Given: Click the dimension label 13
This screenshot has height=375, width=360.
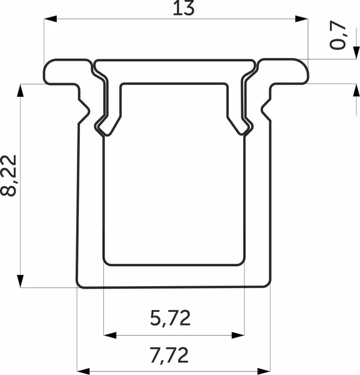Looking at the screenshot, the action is (184, 8).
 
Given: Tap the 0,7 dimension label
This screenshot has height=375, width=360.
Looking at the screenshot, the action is (337, 36).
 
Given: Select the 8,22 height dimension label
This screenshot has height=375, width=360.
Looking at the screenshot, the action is (9, 175).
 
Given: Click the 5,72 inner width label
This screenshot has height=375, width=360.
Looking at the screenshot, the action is (170, 318).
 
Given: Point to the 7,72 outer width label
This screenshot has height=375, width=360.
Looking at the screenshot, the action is (169, 356).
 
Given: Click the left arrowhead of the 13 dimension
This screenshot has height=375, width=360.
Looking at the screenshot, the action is (51, 19).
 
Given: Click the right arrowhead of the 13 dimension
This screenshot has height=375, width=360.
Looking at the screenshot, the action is (301, 19).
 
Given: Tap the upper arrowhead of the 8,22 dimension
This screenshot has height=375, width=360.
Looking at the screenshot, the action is (21, 91).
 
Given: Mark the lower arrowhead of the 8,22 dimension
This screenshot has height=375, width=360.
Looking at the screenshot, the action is (21, 281).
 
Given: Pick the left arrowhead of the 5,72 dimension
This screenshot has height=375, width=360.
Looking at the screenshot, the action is (110, 335).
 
